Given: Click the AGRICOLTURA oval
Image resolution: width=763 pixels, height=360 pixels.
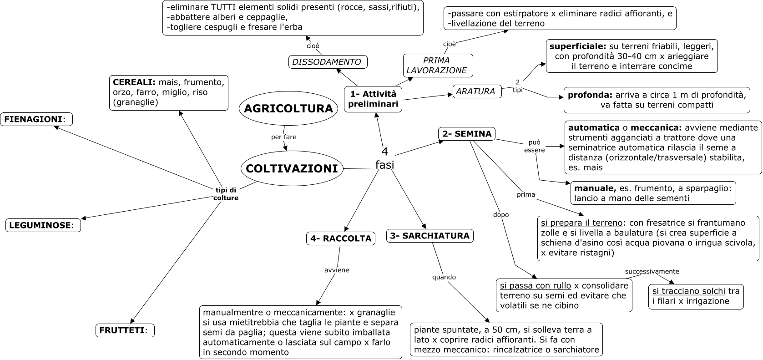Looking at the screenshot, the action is (288, 108).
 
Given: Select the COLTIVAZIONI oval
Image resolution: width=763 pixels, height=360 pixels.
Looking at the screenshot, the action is (292, 168).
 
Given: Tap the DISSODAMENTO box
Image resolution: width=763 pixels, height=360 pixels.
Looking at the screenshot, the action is (328, 62).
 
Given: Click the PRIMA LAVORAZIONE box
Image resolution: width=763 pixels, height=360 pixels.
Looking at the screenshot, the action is (437, 66).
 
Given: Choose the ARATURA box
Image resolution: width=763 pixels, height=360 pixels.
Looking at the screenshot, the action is (476, 91).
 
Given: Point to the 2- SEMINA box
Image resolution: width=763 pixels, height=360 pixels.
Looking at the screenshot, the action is (467, 134).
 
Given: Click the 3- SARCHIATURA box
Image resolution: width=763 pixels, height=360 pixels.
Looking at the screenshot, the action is (430, 236).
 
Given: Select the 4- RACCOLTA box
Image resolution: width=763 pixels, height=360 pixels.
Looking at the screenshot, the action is (341, 238).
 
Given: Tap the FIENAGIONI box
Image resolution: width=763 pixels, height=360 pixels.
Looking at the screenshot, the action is (36, 119).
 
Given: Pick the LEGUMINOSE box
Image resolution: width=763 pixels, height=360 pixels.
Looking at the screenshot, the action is (43, 225).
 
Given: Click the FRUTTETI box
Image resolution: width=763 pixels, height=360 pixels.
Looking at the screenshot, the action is (125, 330).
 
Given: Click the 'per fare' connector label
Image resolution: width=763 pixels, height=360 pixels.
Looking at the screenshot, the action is (283, 137).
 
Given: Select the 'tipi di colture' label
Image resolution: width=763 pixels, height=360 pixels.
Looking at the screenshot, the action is (226, 194).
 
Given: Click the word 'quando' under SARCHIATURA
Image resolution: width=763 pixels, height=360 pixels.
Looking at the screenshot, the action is (444, 277).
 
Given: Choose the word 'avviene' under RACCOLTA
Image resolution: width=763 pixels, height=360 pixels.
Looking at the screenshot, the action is (337, 270).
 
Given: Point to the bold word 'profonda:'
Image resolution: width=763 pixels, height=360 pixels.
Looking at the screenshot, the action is (589, 96).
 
